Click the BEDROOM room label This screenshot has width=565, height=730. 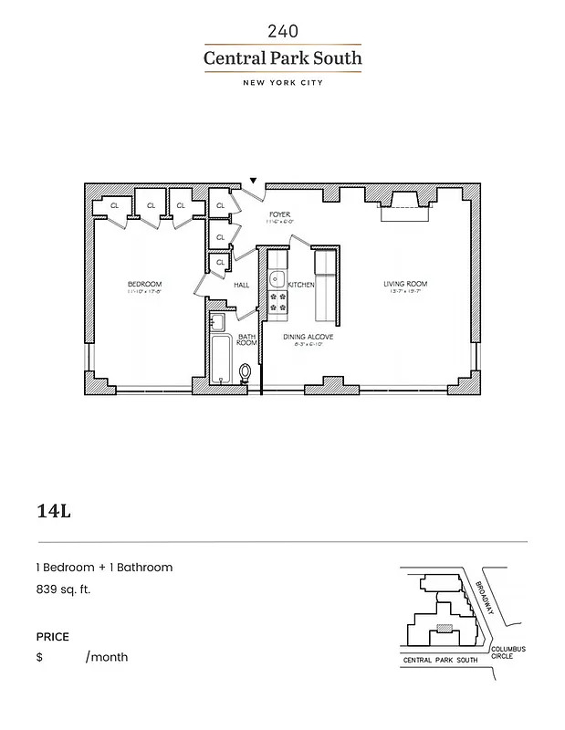click(144, 285)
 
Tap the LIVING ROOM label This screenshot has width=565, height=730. click(405, 285)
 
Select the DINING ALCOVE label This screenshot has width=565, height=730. click(308, 337)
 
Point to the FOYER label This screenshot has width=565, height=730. click(278, 216)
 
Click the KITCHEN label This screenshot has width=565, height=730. click(301, 285)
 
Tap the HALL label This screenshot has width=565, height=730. click(242, 285)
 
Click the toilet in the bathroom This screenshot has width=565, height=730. click(244, 372)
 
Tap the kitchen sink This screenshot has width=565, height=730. click(278, 280)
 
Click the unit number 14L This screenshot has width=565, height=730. click(54, 510)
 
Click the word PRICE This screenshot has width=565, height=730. click(52, 637)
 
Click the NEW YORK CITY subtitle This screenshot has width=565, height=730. click(282, 83)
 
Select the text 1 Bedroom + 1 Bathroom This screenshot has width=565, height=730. click(104, 568)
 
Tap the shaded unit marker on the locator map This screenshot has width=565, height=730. click(444, 627)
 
